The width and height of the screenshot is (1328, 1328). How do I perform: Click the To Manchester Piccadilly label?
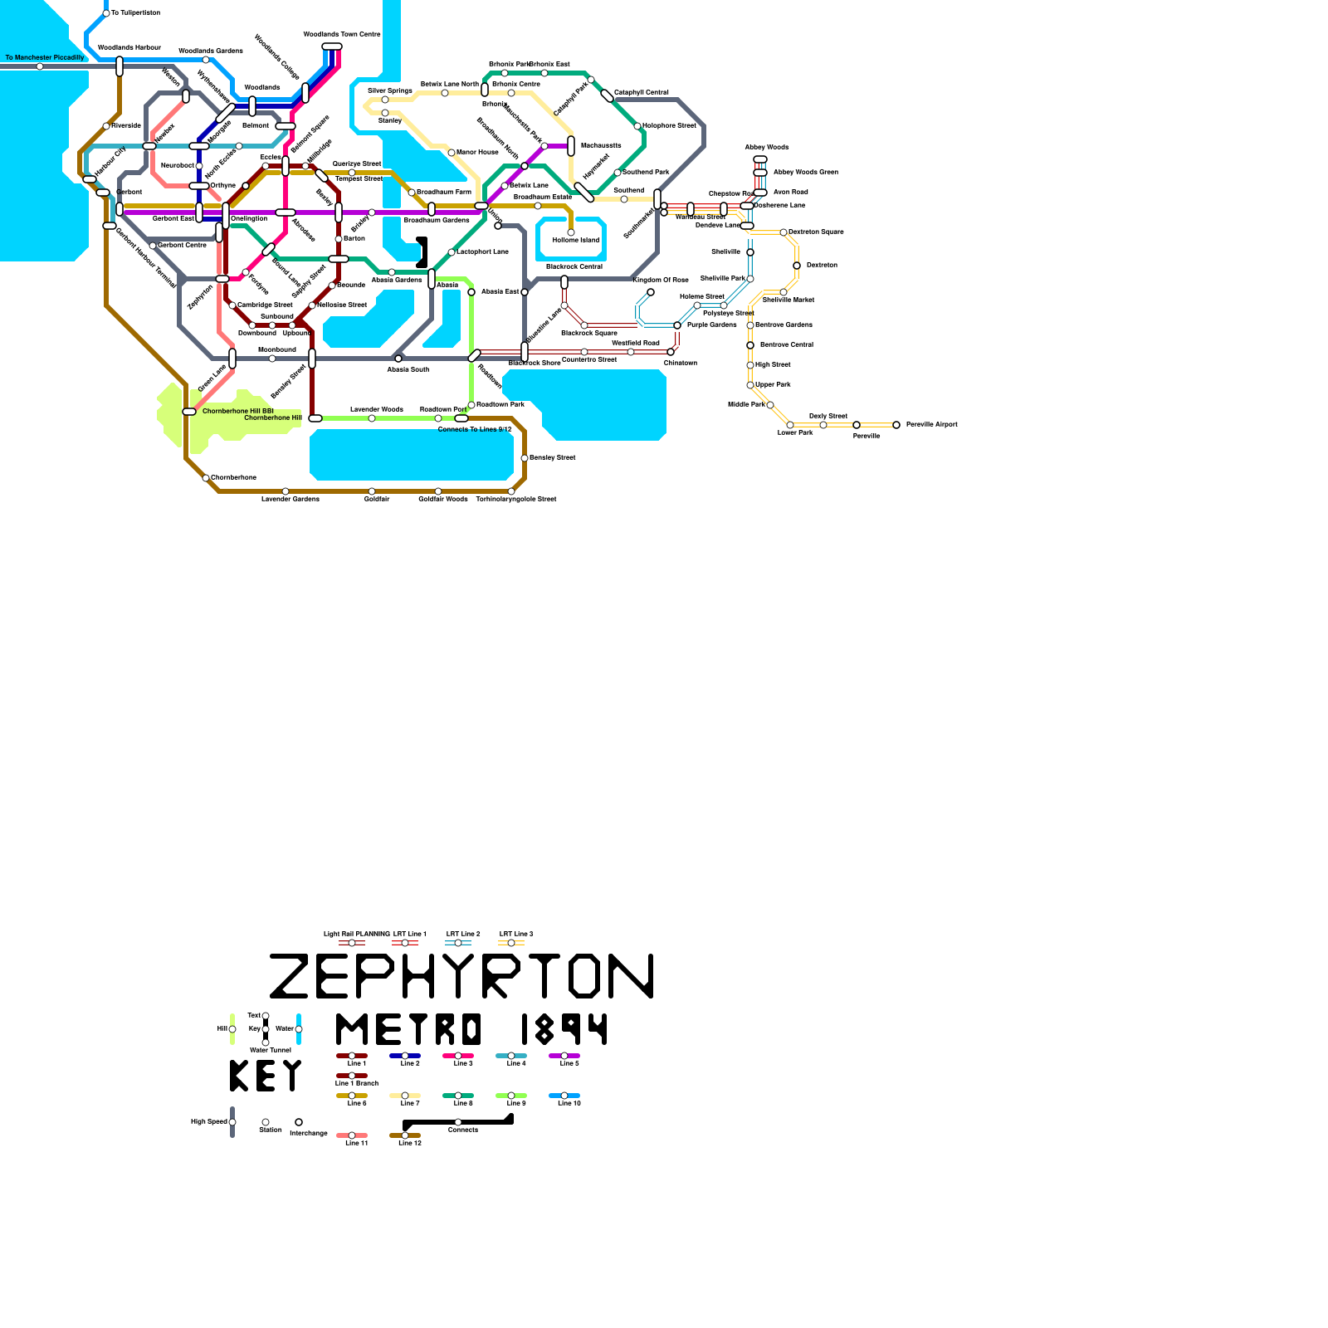45,57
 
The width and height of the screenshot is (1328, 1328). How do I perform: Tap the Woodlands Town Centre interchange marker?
332,46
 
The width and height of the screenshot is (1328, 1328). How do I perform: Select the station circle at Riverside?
106,126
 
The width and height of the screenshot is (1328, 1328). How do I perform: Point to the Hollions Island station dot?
570,232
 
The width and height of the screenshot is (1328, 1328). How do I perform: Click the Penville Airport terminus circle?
896,425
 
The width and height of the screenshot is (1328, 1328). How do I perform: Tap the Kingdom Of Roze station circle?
651,292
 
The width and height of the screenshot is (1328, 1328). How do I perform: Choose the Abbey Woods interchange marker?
760,159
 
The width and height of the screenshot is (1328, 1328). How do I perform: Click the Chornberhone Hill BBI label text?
238,411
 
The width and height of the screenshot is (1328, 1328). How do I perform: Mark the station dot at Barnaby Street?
524,458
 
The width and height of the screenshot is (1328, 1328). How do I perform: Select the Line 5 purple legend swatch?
564,1056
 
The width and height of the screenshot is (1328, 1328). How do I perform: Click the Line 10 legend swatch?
564,1096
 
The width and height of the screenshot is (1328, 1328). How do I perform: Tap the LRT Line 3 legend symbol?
511,943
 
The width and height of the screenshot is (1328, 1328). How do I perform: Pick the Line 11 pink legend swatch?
352,1135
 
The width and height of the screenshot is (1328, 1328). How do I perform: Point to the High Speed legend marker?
232,1122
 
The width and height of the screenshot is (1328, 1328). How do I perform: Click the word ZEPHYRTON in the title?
461,976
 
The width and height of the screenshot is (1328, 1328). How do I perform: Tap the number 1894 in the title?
564,1029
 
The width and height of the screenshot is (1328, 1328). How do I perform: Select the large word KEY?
266,1076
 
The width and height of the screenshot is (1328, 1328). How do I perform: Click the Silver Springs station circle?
385,100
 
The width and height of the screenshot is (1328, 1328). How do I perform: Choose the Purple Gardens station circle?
677,325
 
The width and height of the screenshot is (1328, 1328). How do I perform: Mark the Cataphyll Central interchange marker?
607,95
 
